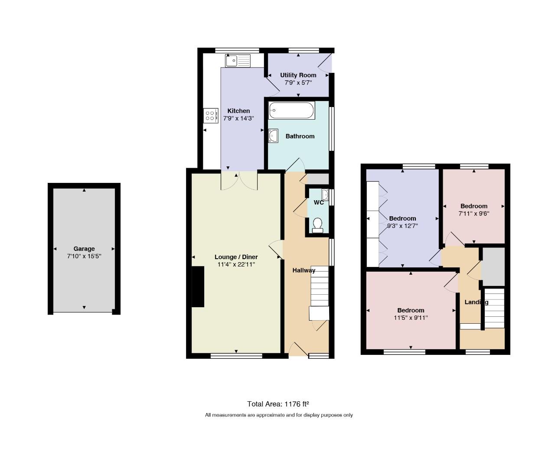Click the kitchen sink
click(238, 61)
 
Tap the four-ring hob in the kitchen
click(211, 116)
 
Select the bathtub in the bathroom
click(291, 110)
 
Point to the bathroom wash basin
click(273, 136)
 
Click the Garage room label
click(84, 249)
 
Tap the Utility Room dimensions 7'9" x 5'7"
click(298, 83)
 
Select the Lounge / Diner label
click(236, 257)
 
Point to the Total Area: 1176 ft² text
click(278, 404)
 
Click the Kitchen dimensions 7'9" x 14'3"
click(238, 118)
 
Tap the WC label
click(319, 202)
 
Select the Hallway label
click(304, 270)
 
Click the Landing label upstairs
click(476, 302)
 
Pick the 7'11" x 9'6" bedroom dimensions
click(474, 214)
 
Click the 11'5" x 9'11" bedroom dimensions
click(411, 318)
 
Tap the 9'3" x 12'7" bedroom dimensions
click(402, 226)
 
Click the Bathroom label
click(300, 136)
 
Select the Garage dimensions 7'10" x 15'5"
click(84, 257)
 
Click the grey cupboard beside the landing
click(493, 267)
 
